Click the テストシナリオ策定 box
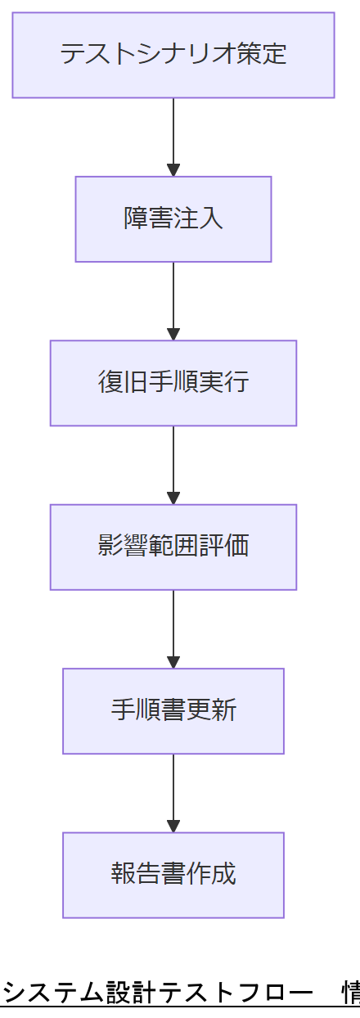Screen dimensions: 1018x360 pos(173,55)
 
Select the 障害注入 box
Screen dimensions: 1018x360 pos(173,219)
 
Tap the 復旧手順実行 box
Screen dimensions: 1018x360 pos(173,383)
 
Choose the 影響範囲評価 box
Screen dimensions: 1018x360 pos(173,547)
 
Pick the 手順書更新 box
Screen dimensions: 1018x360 pos(173,711)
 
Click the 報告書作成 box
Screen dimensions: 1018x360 pos(173,875)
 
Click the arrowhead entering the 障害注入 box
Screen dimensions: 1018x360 pos(173,170)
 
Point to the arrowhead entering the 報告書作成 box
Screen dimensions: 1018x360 pos(173,827)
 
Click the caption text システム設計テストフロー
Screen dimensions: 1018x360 pos(155,992)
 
